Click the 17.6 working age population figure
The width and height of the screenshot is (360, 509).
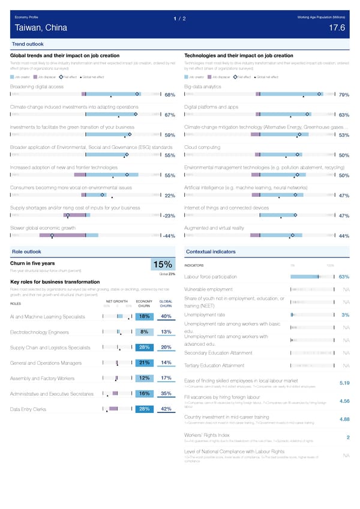coord(337,28)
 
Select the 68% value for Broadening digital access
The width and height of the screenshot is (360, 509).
coord(169,95)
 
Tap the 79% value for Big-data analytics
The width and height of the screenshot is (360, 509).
coord(344,95)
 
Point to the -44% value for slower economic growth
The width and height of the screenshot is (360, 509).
coord(168,236)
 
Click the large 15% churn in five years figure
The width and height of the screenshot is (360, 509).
coord(163,265)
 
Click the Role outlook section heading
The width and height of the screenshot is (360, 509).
coord(26,251)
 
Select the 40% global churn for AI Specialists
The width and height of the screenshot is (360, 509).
coord(167,317)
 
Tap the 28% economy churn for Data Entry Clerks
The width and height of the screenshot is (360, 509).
coord(144,409)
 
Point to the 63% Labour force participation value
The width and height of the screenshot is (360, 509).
coord(344,277)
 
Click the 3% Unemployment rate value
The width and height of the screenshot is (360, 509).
coord(345,315)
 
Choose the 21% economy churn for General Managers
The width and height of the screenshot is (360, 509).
coord(144,363)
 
